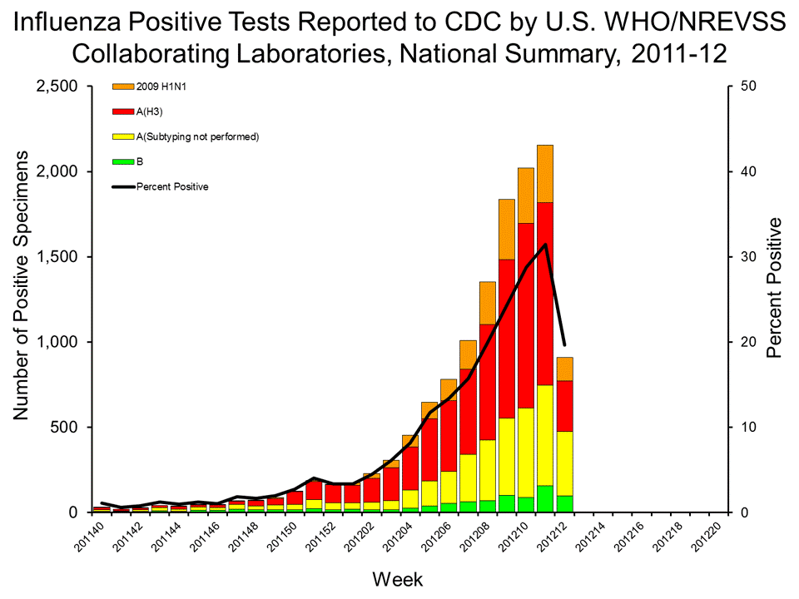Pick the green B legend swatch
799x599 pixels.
tap(122, 161)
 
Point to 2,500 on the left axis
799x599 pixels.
tap(57, 87)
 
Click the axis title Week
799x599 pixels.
tap(398, 578)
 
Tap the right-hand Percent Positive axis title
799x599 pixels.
tap(775, 287)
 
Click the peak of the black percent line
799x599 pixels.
tap(545, 244)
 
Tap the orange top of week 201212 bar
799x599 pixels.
tap(564, 369)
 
